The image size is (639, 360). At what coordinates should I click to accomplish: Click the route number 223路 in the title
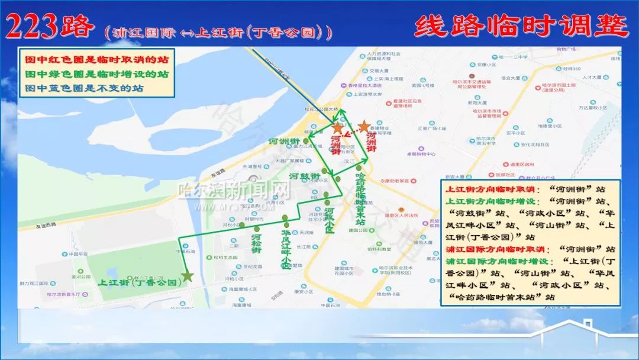point(50,27)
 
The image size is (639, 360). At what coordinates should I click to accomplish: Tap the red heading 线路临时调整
point(521,27)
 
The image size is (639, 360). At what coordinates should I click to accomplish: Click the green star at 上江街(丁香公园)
point(188,275)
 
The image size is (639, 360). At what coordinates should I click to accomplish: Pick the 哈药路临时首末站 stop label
point(360,198)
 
